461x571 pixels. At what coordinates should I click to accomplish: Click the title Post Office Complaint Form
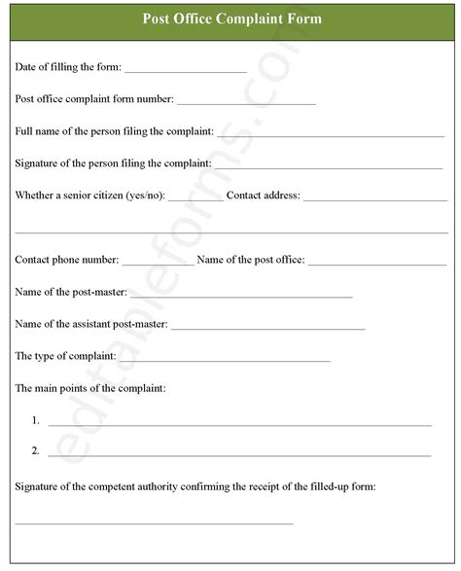pyautogui.click(x=231, y=18)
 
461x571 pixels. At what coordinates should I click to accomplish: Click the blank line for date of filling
pyautogui.click(x=185, y=71)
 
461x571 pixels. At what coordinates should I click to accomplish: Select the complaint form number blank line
pyautogui.click(x=246, y=102)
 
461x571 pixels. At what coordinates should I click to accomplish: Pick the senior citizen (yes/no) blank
pyautogui.click(x=195, y=199)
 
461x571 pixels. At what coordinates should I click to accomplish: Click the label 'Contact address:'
pyautogui.click(x=263, y=196)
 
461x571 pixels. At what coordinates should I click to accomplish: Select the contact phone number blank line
pyautogui.click(x=158, y=264)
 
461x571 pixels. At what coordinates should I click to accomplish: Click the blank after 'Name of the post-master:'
pyautogui.click(x=241, y=296)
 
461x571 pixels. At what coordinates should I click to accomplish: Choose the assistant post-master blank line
pyautogui.click(x=267, y=328)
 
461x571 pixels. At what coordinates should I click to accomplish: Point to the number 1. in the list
pyautogui.click(x=35, y=420)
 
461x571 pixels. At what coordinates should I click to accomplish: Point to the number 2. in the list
pyautogui.click(x=35, y=451)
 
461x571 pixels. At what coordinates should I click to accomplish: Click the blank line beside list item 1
pyautogui.click(x=239, y=424)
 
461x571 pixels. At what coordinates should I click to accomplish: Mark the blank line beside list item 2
pyautogui.click(x=239, y=455)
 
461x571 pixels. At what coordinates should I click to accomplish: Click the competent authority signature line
pyautogui.click(x=154, y=522)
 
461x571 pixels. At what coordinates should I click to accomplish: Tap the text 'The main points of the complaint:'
pyautogui.click(x=90, y=388)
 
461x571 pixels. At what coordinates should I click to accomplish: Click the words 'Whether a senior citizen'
pyautogui.click(x=69, y=196)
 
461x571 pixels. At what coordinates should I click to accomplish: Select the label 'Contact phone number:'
pyautogui.click(x=67, y=260)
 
